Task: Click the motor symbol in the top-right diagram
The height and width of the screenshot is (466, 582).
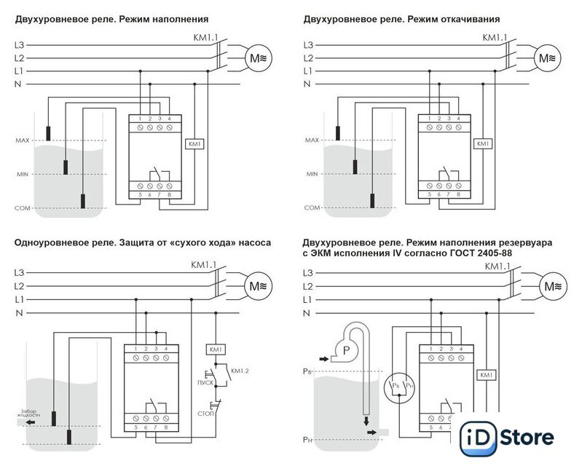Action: click(548, 58)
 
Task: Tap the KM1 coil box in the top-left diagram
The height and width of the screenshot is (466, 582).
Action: click(194, 143)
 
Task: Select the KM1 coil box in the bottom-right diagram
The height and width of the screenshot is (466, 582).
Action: click(486, 375)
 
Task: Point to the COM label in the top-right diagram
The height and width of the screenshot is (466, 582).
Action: click(313, 208)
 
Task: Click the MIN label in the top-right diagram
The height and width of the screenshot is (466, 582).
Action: click(313, 175)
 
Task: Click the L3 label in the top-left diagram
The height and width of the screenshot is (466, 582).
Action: click(20, 45)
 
